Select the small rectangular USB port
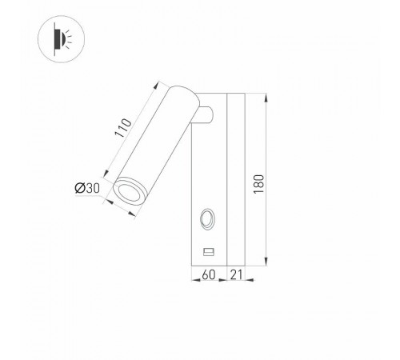click(x=209, y=252)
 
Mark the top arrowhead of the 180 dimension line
click(x=267, y=97)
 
